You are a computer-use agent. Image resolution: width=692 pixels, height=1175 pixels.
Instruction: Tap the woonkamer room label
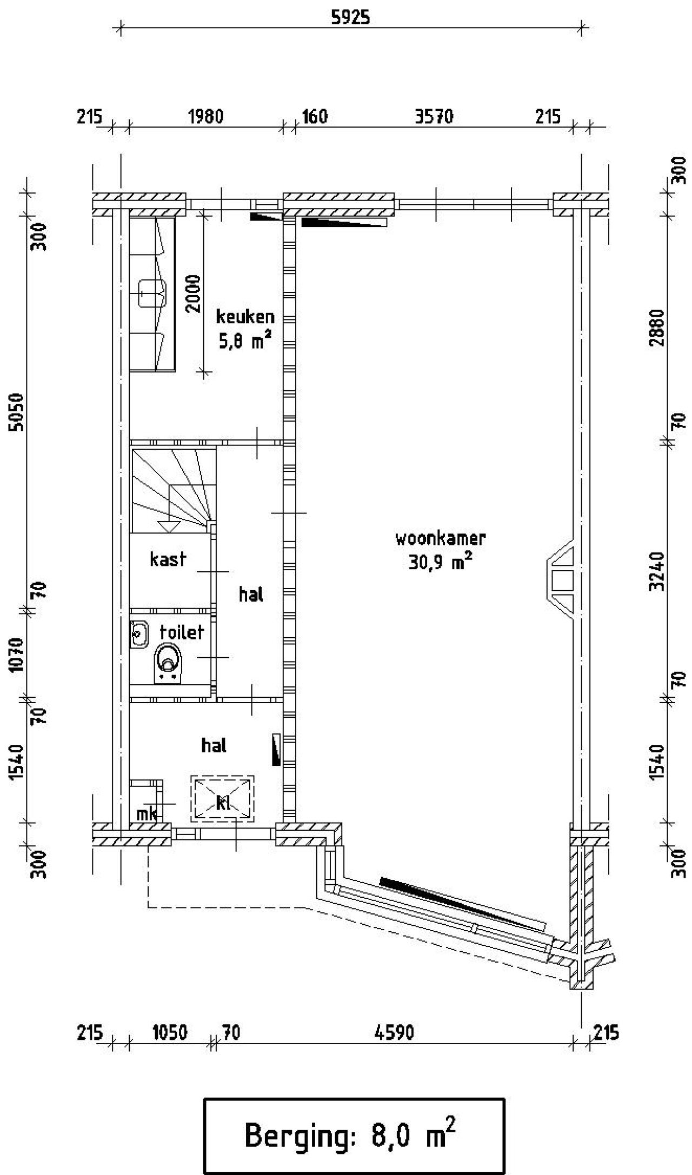pos(440,539)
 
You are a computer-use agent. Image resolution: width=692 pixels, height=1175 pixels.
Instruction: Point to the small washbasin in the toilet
pos(139,633)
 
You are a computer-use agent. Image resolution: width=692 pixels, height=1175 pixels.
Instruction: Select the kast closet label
pos(168,559)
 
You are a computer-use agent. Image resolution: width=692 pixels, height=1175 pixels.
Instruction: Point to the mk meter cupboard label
pos(146,813)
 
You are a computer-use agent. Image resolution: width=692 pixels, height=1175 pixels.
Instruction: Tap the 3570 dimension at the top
pos(434,117)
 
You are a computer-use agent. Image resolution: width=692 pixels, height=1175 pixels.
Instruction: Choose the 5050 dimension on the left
pos(17,412)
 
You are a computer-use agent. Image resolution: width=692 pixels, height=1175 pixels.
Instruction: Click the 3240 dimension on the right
pos(657,571)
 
